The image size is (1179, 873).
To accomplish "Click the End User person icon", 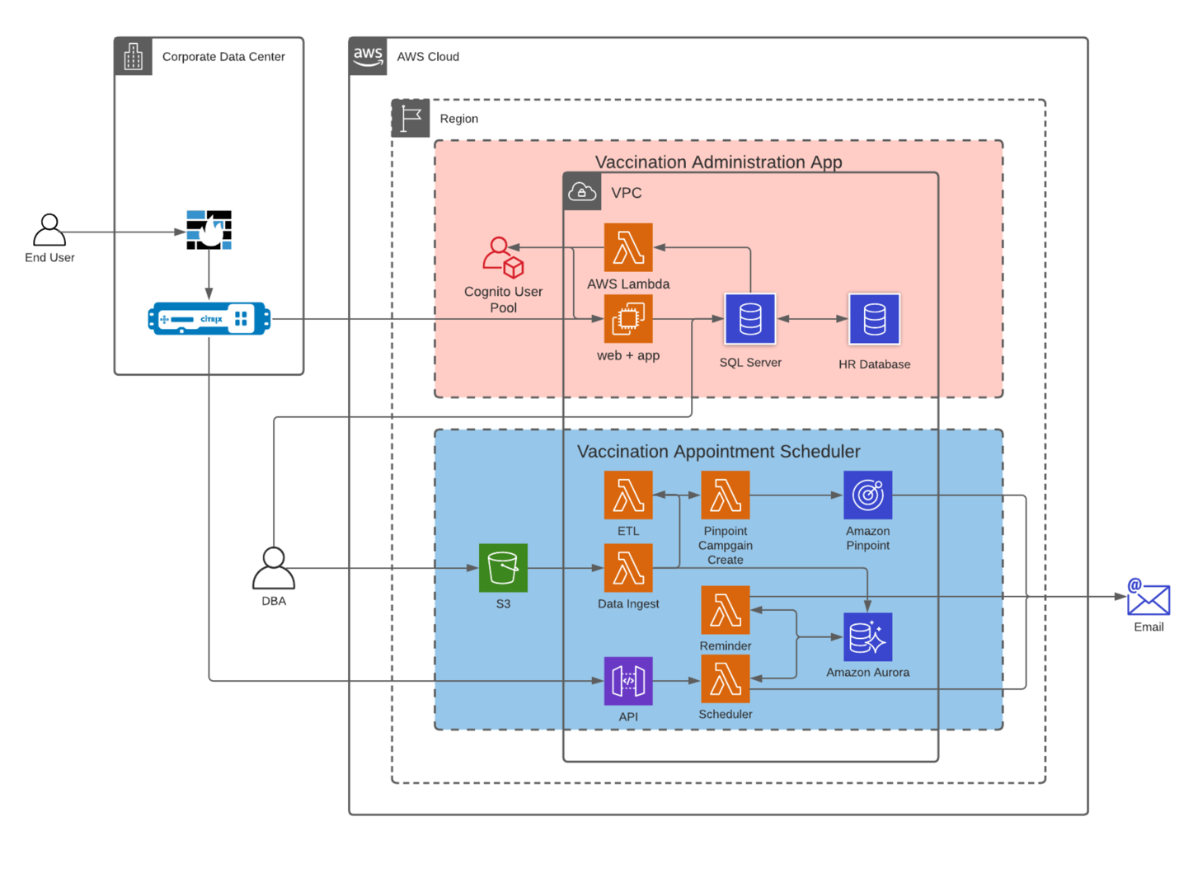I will click(49, 230).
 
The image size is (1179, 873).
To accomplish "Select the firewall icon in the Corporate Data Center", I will click(209, 230).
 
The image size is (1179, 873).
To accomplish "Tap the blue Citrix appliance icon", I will click(209, 319).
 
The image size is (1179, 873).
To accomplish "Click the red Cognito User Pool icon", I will click(503, 258).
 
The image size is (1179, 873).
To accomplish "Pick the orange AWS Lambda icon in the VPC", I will click(628, 247).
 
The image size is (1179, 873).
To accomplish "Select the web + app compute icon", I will click(628, 319).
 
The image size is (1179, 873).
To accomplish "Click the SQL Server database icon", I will click(750, 319).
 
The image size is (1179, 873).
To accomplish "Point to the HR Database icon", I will click(874, 319).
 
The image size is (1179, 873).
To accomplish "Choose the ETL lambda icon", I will click(628, 495).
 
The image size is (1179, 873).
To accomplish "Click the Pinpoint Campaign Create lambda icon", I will click(726, 495).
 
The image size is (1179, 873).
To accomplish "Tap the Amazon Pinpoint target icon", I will click(867, 495).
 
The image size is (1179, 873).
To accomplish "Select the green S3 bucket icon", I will click(503, 568).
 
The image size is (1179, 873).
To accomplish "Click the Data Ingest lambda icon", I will click(628, 568).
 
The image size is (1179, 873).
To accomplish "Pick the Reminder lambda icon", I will click(726, 611).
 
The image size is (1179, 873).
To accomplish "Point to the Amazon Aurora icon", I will click(867, 637).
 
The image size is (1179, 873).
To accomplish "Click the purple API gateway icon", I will click(628, 681).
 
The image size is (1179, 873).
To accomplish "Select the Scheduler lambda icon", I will click(726, 679).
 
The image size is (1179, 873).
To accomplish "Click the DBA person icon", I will click(274, 568).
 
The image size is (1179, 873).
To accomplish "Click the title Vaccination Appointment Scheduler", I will click(718, 452).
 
